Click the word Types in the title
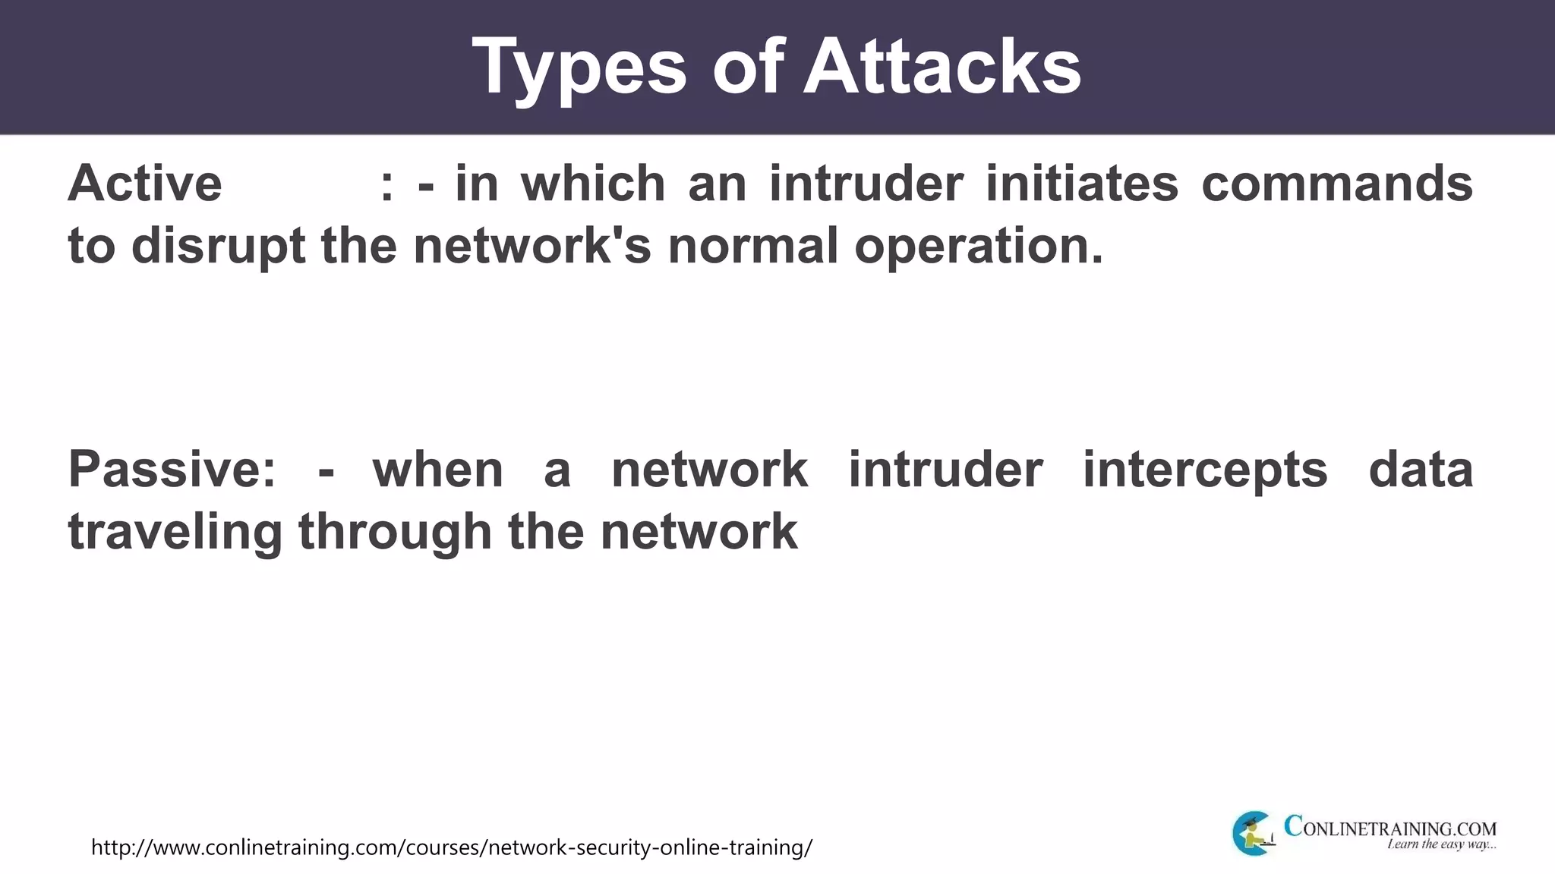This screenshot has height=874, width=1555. click(579, 68)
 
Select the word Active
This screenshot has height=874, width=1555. click(145, 184)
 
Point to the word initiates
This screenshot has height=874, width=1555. click(1082, 184)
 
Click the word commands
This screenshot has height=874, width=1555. click(1337, 184)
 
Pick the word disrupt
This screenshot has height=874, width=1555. click(219, 247)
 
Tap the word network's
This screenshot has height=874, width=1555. click(532, 246)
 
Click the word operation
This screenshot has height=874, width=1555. click(978, 247)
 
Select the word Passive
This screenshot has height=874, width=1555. click(172, 469)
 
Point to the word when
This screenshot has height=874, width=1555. click(438, 469)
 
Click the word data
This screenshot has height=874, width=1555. click(1421, 469)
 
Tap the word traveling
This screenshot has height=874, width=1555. click(175, 532)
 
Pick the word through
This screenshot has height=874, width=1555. click(395, 532)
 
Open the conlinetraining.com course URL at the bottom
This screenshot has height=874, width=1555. click(452, 847)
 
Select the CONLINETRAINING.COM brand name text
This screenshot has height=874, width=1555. click(1390, 827)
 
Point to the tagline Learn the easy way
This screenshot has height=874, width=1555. click(1441, 844)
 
